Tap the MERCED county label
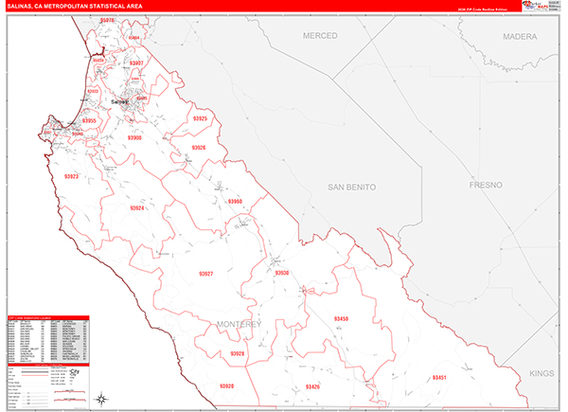320,35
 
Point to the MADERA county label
520,35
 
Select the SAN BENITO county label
351,188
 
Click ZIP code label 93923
72,177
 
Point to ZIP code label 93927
206,274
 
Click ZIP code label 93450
342,318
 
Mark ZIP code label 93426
313,386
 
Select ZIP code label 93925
200,119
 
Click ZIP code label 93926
198,148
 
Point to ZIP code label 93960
235,201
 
